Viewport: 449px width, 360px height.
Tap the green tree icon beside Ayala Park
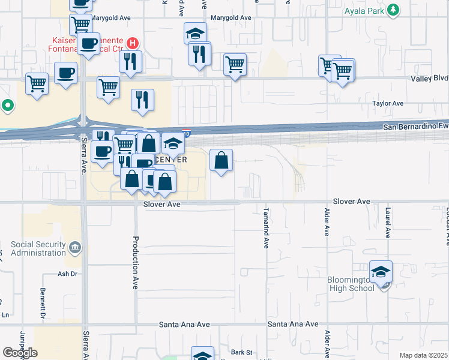click(x=393, y=10)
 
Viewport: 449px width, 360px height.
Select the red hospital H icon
click(x=133, y=43)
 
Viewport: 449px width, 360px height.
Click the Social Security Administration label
click(x=38, y=249)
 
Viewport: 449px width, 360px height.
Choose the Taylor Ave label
click(x=388, y=103)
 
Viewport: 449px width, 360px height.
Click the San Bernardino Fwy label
click(x=415, y=127)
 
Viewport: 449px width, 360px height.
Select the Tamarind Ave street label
click(x=266, y=228)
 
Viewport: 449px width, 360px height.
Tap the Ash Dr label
click(x=68, y=274)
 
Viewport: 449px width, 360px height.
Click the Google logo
click(x=20, y=353)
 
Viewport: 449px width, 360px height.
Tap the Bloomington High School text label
click(x=351, y=284)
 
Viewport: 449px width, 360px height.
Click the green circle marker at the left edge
click(x=7, y=106)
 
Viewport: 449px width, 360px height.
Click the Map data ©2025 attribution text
click(x=423, y=355)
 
